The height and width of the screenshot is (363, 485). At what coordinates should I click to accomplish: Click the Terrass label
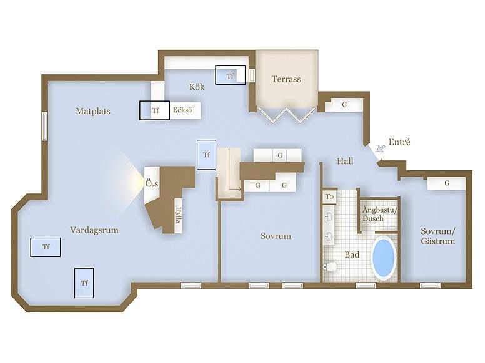(x=286, y=79)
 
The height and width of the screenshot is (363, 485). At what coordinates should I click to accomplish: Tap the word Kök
(x=197, y=87)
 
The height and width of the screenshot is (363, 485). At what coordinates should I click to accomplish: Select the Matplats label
(x=93, y=111)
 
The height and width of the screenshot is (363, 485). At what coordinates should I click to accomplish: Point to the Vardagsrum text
(x=94, y=230)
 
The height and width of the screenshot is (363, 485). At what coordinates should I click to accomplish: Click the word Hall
(x=345, y=161)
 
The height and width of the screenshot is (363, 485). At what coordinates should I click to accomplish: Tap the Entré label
(x=399, y=142)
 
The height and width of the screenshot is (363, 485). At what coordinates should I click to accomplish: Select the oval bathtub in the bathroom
(x=384, y=258)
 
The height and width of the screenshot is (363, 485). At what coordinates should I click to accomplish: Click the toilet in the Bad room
(x=329, y=267)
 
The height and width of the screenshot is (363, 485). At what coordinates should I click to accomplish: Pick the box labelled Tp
(x=330, y=197)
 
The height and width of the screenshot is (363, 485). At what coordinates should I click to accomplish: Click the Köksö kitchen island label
(x=182, y=110)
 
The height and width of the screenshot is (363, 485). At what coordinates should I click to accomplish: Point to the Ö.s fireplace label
(x=151, y=184)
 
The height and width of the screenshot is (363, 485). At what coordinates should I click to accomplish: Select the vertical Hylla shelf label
(x=178, y=215)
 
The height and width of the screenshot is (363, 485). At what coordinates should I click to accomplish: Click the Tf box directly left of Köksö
(x=154, y=110)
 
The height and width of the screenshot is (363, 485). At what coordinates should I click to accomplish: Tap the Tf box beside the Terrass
(x=230, y=75)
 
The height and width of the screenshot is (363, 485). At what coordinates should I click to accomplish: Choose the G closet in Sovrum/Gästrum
(x=447, y=183)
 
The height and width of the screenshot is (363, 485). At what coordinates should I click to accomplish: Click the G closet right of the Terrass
(x=344, y=104)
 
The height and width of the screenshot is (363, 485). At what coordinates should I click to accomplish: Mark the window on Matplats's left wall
(x=45, y=127)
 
